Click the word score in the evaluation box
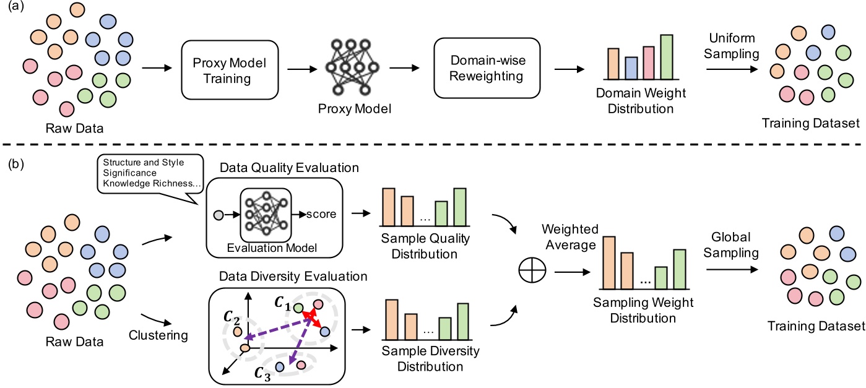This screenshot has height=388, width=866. [321, 215]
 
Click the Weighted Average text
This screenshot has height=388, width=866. [568, 238]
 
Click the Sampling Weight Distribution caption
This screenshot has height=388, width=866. [634, 311]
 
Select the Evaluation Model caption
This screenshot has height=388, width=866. [272, 248]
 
